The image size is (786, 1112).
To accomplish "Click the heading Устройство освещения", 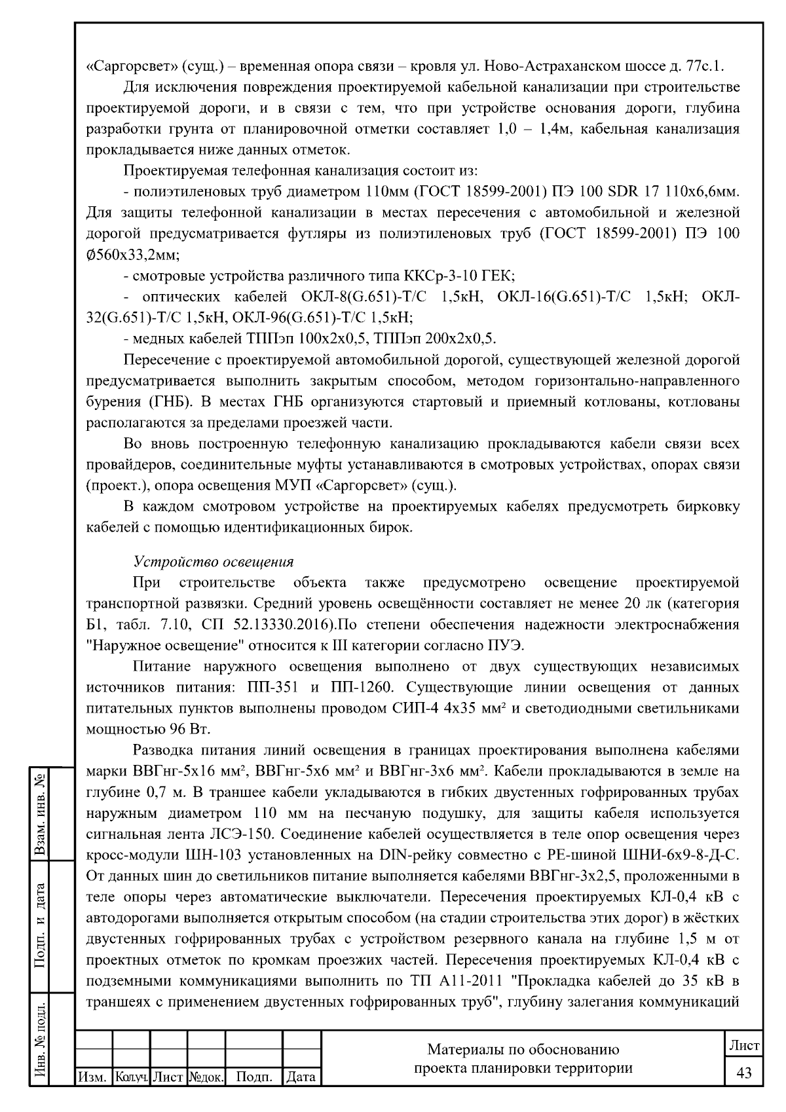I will [214, 562].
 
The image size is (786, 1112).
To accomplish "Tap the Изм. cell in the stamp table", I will [94, 1077].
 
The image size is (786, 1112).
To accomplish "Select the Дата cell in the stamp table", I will [302, 1077].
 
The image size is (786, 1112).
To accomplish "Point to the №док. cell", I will [206, 1077].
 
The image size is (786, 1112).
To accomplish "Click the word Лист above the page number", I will [744, 1046].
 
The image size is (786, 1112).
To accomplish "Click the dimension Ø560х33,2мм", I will [132, 255].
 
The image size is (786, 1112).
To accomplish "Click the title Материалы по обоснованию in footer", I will [523, 1050].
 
